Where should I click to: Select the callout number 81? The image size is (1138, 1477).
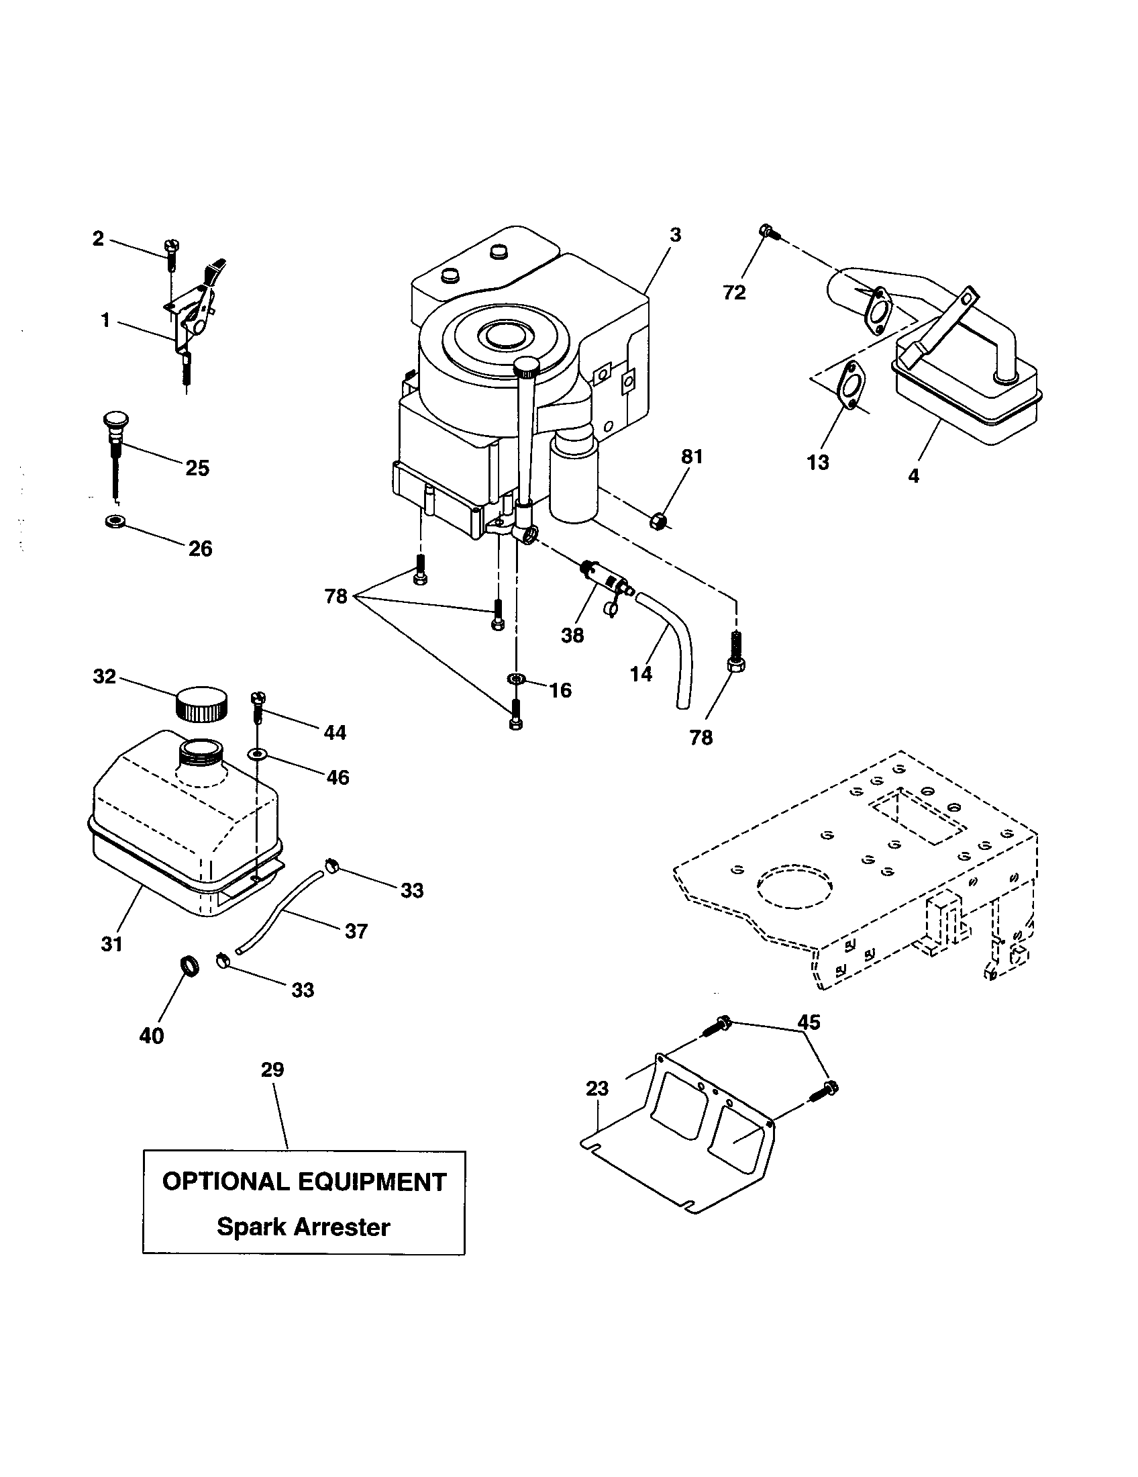(x=692, y=457)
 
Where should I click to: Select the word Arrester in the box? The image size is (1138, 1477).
(x=338, y=1227)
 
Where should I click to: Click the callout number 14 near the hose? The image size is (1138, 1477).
(x=641, y=673)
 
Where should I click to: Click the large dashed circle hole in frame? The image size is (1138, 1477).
(x=794, y=887)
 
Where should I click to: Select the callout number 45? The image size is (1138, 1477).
(x=809, y=1022)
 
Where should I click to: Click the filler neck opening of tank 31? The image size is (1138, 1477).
(x=200, y=749)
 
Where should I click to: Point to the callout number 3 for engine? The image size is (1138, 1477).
(x=674, y=236)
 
